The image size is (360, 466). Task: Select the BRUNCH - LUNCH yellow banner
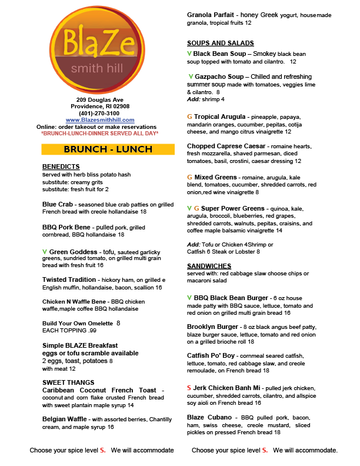point(108,149)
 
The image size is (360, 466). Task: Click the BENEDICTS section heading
point(61,167)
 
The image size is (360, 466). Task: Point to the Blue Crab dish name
point(56,204)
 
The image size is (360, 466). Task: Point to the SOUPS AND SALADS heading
point(221,44)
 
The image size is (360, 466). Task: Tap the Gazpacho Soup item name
point(221,77)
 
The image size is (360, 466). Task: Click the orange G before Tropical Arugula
point(189,117)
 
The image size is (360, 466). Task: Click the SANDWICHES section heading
point(209,267)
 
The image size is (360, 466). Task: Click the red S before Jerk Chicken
point(189,388)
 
